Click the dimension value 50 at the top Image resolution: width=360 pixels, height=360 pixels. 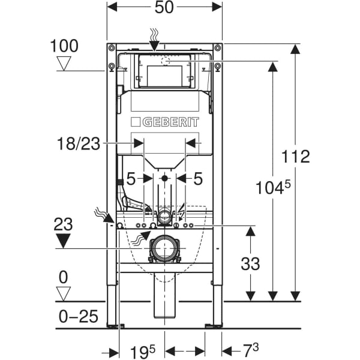164,8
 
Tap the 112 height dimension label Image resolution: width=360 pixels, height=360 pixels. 296,157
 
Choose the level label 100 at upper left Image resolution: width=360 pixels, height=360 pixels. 65,46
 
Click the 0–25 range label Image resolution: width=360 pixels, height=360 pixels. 79,316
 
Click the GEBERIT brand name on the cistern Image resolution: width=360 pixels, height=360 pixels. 164,122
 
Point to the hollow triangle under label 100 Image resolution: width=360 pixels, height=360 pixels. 63,63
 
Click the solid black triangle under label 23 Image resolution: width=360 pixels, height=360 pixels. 64,241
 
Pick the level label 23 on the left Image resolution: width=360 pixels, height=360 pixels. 64,224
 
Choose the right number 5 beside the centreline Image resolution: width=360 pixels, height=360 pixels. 198,178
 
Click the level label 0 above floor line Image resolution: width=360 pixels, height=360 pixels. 64,277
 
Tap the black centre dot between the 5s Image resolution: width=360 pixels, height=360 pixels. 164,178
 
